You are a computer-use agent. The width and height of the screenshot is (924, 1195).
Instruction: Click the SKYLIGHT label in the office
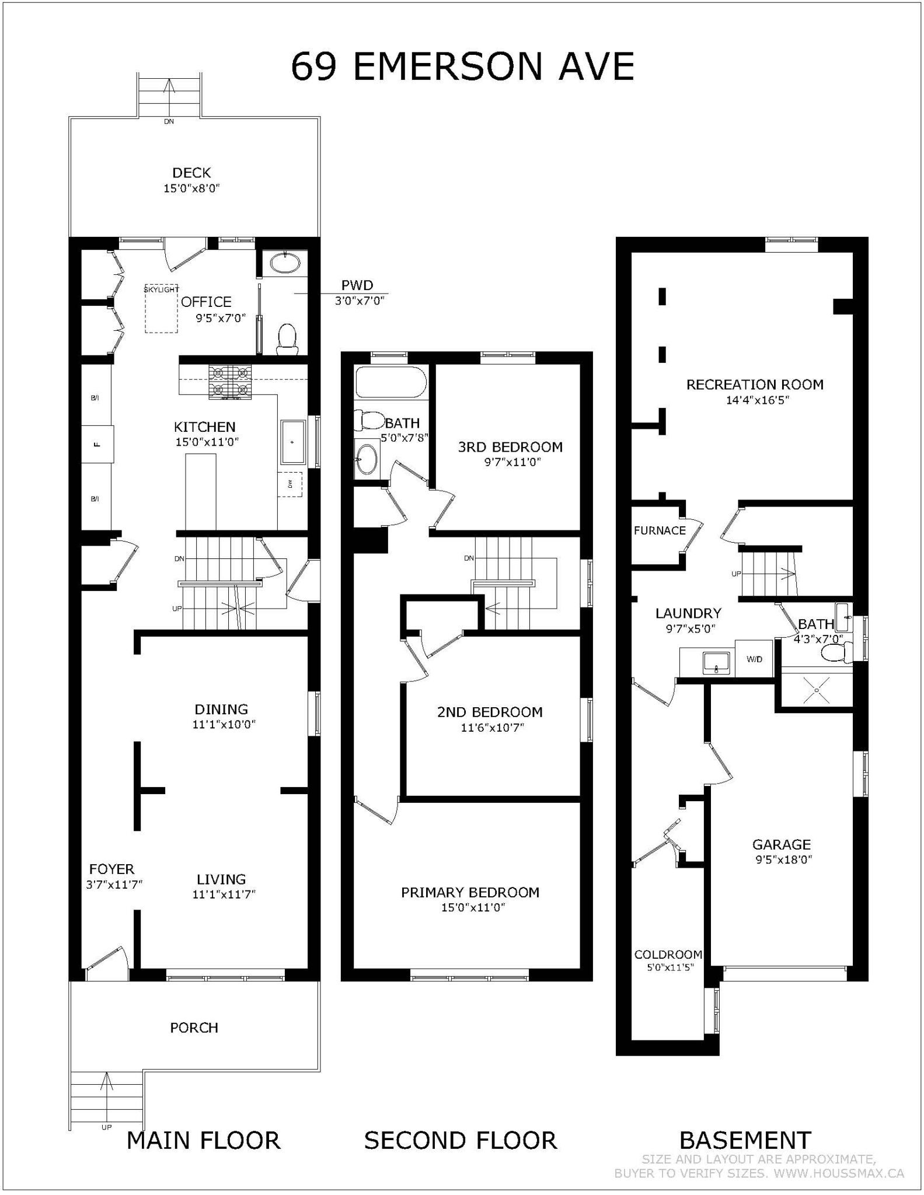tap(161, 289)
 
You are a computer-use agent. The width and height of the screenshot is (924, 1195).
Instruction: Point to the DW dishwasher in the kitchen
tap(290, 484)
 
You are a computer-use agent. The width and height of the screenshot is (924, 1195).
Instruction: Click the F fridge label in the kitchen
tap(97, 444)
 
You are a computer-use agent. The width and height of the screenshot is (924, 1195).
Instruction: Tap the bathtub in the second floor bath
tap(390, 382)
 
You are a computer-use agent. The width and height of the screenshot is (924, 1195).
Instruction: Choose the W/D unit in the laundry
tap(754, 659)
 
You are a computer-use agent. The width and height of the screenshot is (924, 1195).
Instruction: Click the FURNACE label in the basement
tap(660, 530)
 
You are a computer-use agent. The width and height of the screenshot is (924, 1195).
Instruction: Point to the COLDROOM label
tap(668, 955)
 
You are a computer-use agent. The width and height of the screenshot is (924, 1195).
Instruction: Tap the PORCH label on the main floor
tap(194, 1028)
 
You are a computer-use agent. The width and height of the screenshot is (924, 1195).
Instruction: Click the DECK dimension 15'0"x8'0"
tap(191, 188)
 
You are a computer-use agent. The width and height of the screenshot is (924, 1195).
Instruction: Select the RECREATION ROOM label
tap(755, 385)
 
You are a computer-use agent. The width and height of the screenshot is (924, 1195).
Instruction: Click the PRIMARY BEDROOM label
tap(470, 892)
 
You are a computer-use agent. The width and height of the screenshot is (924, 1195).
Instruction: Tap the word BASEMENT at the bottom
tap(745, 1140)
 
